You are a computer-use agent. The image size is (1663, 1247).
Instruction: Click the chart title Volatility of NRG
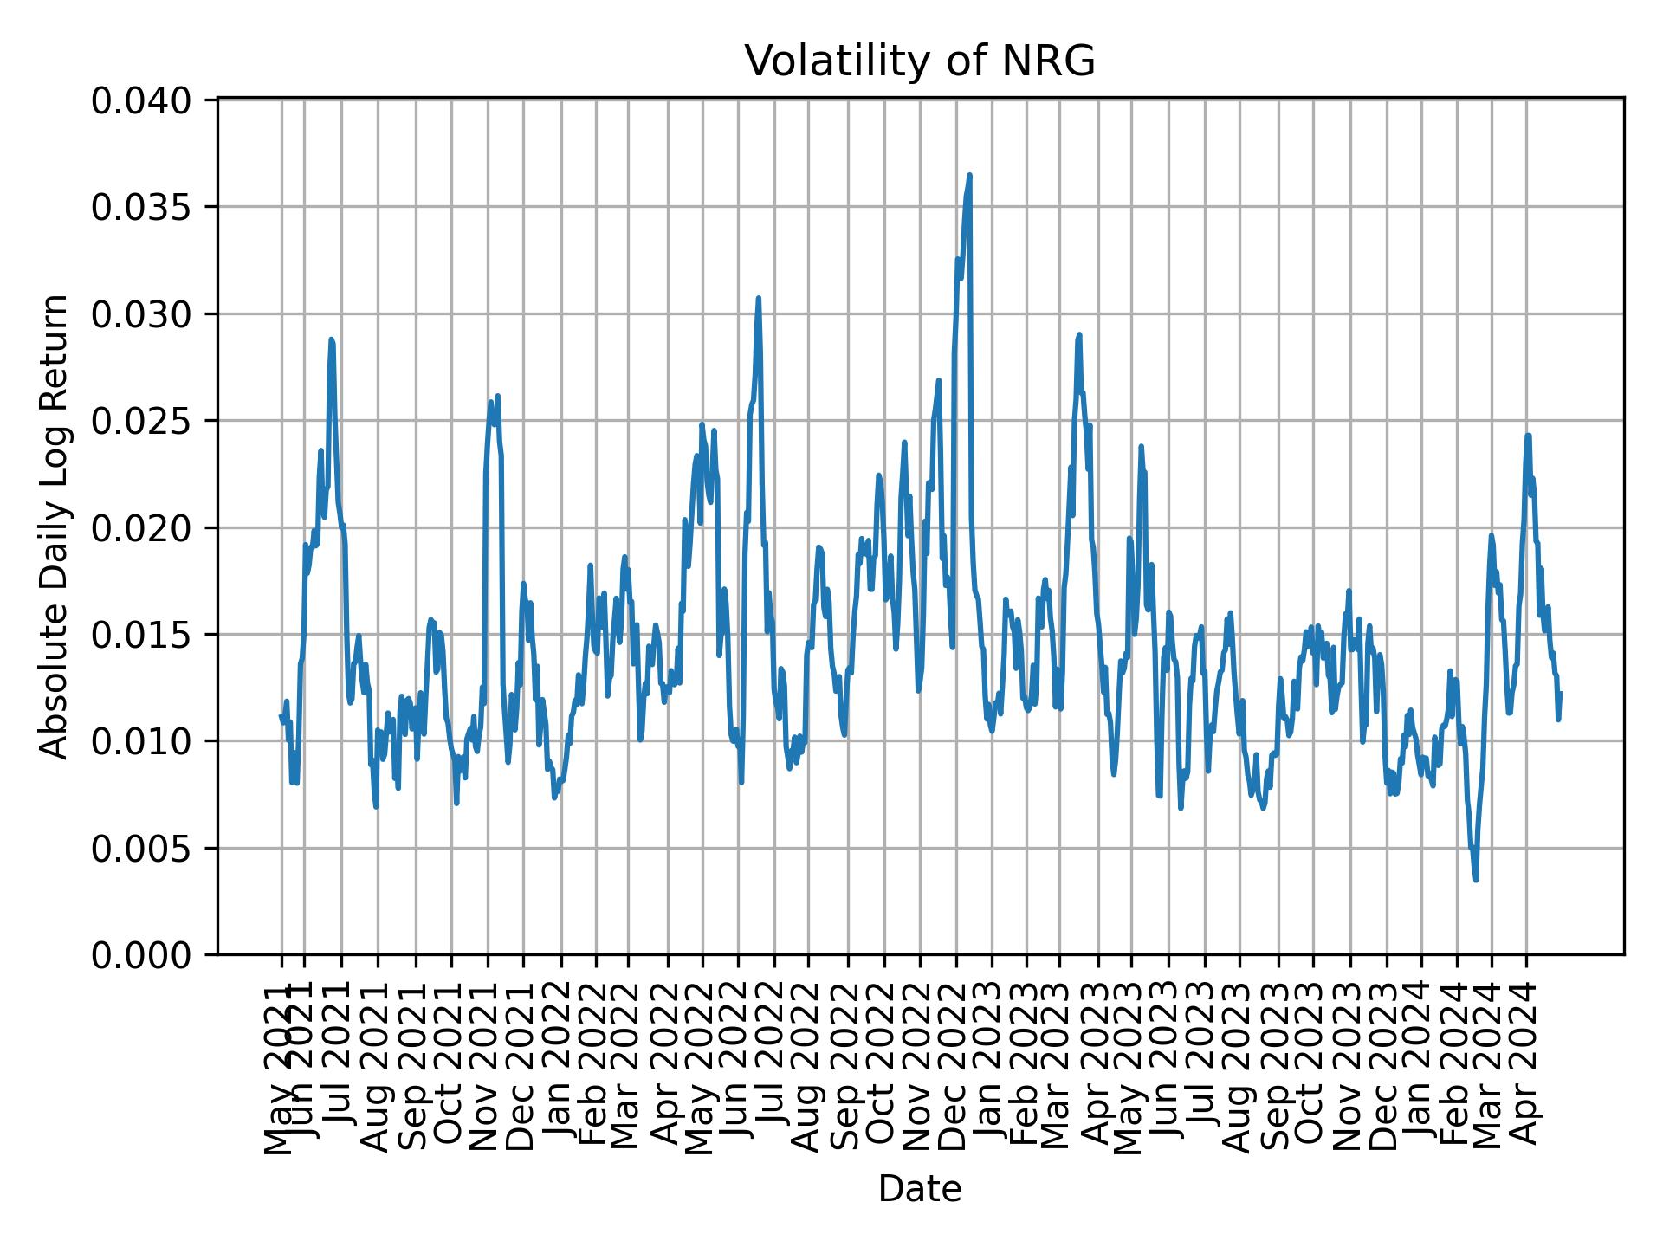tap(920, 61)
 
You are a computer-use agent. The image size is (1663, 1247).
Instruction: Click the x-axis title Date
tap(920, 1189)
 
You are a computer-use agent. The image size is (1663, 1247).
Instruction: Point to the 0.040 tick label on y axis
tap(141, 100)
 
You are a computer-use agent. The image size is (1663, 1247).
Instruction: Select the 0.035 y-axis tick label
tap(141, 207)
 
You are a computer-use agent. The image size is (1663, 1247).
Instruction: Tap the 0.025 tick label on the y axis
tap(141, 421)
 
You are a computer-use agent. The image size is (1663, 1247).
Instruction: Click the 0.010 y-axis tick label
tap(141, 741)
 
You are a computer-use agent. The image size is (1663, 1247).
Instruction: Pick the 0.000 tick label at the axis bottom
tap(141, 955)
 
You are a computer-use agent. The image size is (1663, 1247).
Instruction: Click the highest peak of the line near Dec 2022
tap(969, 175)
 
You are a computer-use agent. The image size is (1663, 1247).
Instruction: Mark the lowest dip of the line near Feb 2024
tap(1476, 880)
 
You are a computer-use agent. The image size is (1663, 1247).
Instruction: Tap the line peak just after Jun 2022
tap(758, 298)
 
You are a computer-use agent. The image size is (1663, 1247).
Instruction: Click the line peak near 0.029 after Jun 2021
tap(331, 339)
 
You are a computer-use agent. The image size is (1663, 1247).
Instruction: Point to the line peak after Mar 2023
tap(1079, 334)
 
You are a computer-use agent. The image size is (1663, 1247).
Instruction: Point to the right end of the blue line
tap(1559, 693)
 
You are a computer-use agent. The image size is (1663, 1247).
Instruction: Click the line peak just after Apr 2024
tap(1529, 436)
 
